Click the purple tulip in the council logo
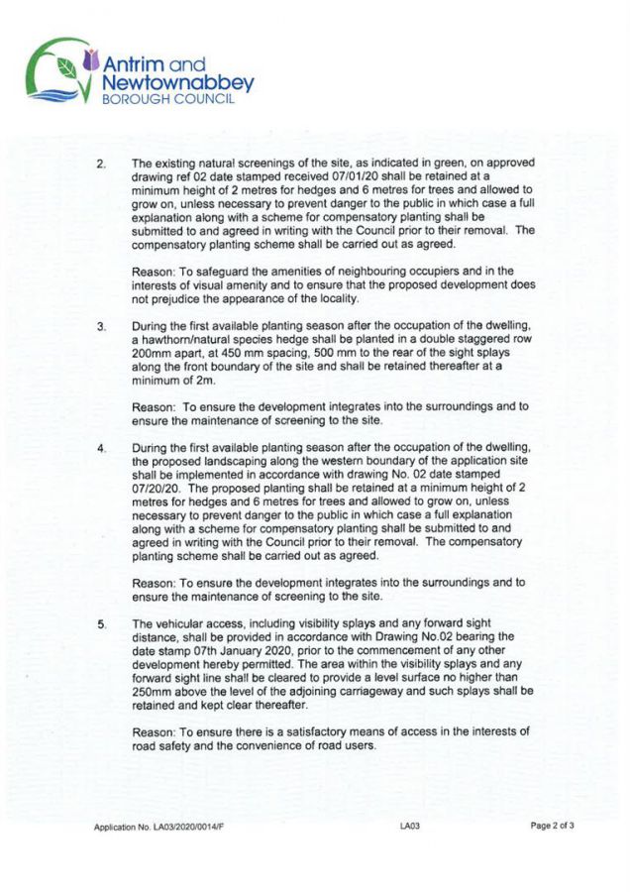[x=91, y=60]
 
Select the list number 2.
[x=99, y=163]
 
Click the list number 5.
[x=99, y=623]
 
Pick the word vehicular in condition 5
[x=183, y=623]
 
